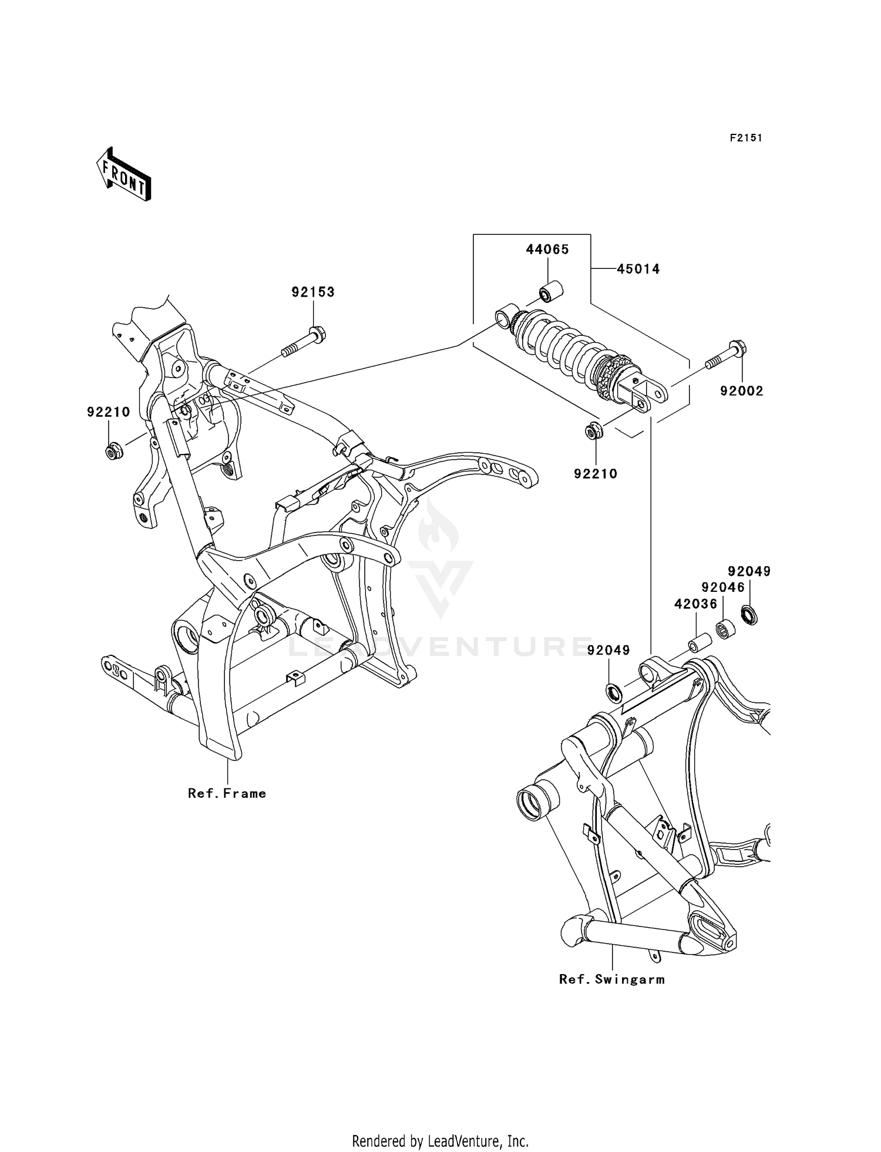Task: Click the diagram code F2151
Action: click(746, 138)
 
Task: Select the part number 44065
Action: click(547, 250)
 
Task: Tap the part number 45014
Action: click(638, 269)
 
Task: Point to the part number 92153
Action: click(313, 292)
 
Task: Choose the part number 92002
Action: click(742, 391)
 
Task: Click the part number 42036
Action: click(695, 604)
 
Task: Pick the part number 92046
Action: click(723, 587)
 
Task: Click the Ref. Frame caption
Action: click(227, 793)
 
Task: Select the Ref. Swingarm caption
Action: click(611, 979)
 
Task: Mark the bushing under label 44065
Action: click(551, 291)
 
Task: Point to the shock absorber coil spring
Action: click(564, 346)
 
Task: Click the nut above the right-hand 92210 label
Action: click(593, 432)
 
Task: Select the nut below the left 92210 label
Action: click(112, 452)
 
